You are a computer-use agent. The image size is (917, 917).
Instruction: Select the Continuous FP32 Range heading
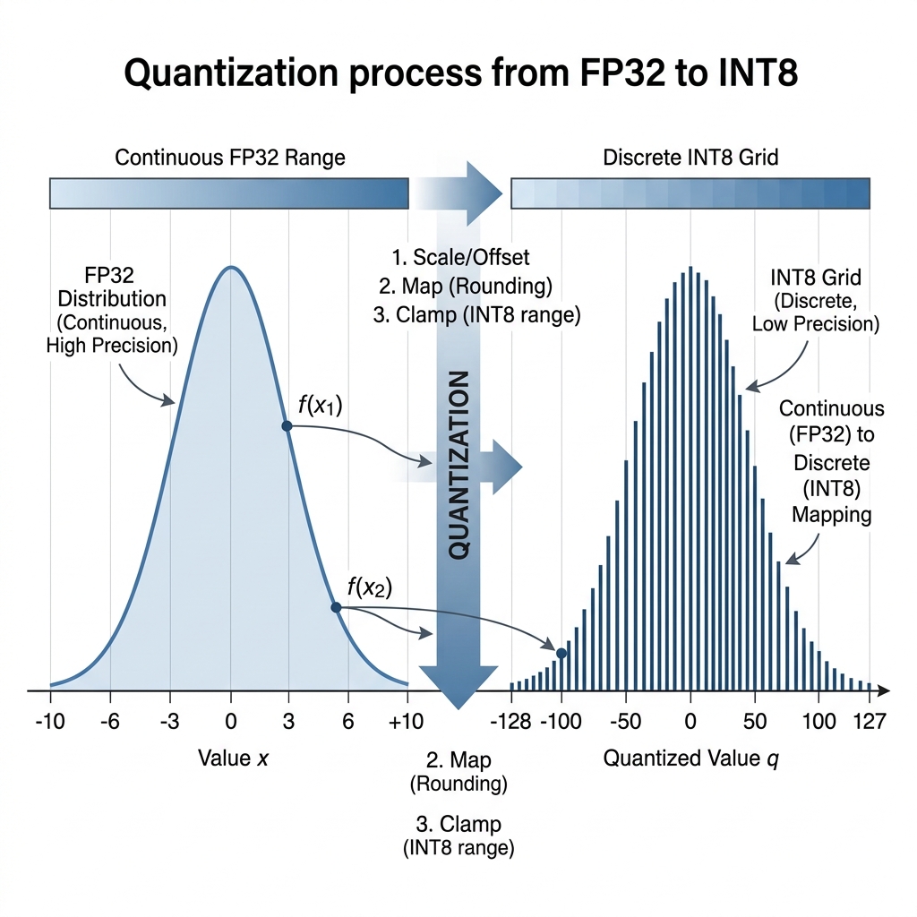tap(230, 158)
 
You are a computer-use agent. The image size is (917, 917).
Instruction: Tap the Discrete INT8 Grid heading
tap(690, 158)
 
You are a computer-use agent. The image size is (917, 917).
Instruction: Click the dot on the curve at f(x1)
tap(287, 425)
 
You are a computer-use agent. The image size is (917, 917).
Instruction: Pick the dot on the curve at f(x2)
tap(336, 607)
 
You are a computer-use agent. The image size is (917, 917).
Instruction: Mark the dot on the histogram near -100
tap(561, 654)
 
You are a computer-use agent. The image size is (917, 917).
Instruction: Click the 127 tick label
tap(870, 720)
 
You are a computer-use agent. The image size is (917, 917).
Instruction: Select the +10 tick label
tap(407, 720)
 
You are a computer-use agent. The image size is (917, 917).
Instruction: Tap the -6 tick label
tap(109, 720)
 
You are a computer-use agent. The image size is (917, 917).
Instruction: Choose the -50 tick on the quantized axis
tap(625, 720)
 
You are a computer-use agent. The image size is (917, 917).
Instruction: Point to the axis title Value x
tap(232, 758)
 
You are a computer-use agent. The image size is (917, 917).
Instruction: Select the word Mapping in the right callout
tap(832, 517)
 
